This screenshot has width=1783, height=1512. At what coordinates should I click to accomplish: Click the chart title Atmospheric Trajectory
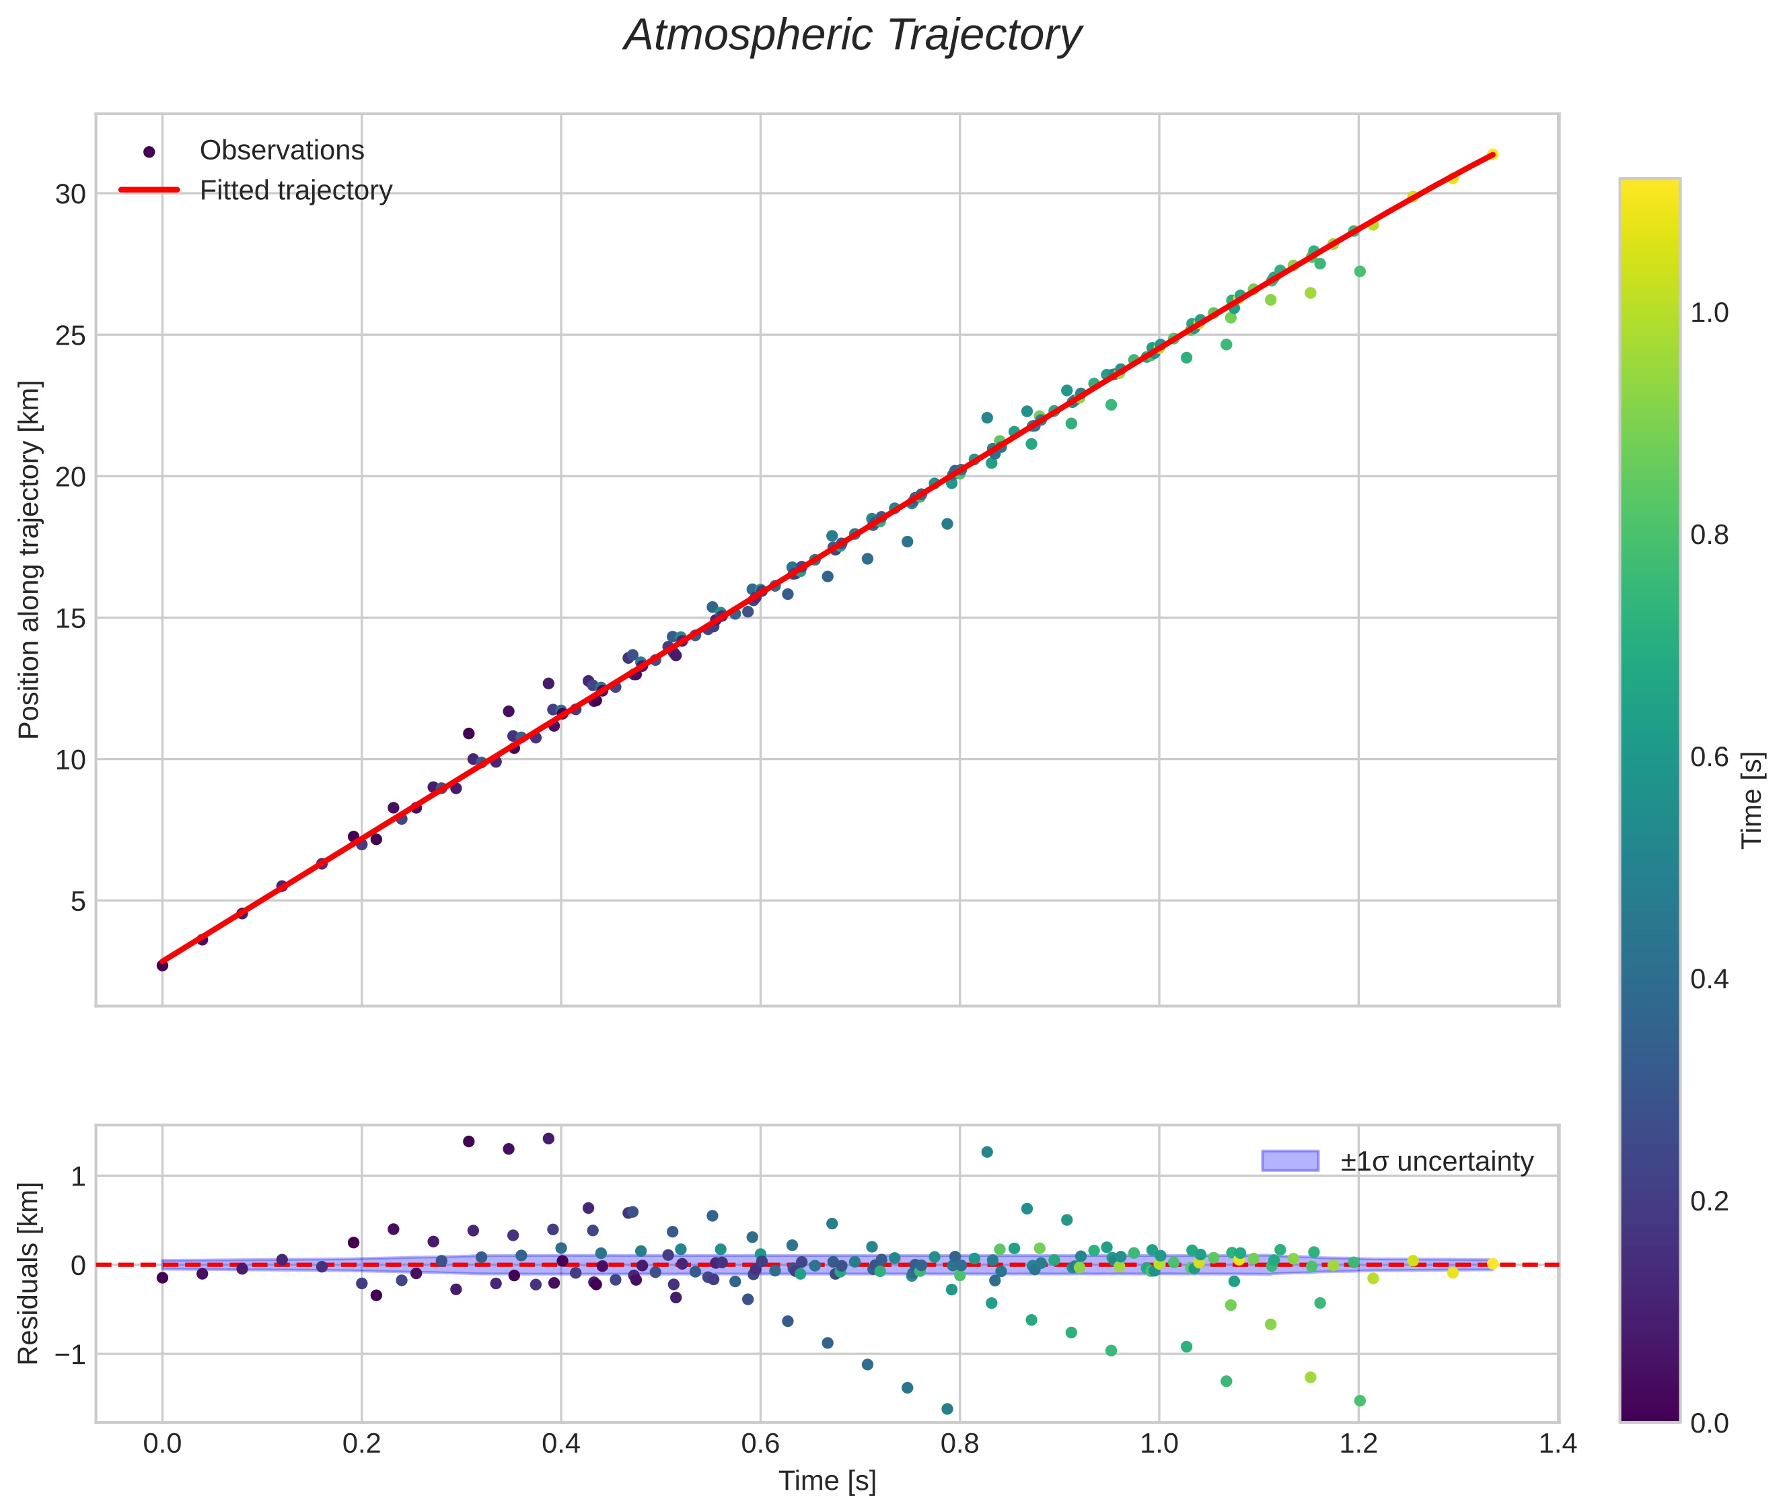coord(852,36)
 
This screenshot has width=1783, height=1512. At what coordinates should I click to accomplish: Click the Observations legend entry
coord(281,151)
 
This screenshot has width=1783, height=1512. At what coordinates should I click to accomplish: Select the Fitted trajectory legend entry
coord(295,191)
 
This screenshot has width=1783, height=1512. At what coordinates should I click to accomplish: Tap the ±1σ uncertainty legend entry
coord(1436,1161)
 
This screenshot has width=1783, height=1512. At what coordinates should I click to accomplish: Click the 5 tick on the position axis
coord(78,901)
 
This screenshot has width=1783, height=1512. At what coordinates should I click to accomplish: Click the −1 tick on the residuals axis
coord(66,1355)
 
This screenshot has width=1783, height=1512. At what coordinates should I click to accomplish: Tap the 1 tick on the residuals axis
coord(78,1177)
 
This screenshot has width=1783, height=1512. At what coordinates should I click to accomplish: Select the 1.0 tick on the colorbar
coord(1709,314)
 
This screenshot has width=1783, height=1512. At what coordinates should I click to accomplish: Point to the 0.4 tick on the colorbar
coord(1709,979)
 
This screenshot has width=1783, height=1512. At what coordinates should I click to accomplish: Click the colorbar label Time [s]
coord(1753,800)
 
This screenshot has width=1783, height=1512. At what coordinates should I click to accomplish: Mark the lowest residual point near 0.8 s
coord(947,1409)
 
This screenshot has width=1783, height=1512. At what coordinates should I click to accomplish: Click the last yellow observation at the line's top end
coord(1492,154)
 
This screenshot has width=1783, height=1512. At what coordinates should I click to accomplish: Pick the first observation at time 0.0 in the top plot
coord(162,965)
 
